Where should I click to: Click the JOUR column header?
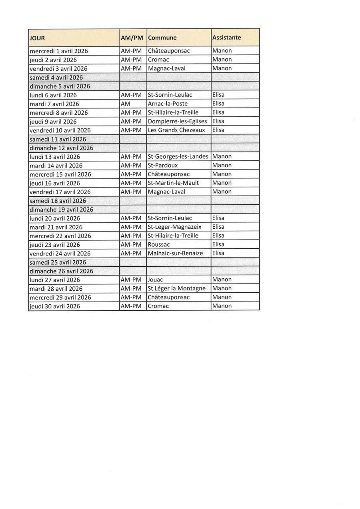37,38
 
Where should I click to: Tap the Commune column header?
162,38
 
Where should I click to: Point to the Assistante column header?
226,37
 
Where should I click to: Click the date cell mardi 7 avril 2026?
54,104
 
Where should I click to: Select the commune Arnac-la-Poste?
168,104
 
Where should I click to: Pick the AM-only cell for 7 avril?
126,104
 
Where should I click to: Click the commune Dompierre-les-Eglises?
177,121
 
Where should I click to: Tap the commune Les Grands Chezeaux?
176,130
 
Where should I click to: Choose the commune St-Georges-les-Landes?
178,156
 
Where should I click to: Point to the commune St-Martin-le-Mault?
173,183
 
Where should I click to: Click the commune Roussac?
159,244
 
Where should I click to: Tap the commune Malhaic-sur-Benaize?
175,253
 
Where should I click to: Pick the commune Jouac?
156,279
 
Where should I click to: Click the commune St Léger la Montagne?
176,288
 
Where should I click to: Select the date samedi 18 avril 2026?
56,201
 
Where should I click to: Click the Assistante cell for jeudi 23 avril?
218,244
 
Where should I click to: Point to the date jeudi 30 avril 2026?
55,306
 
